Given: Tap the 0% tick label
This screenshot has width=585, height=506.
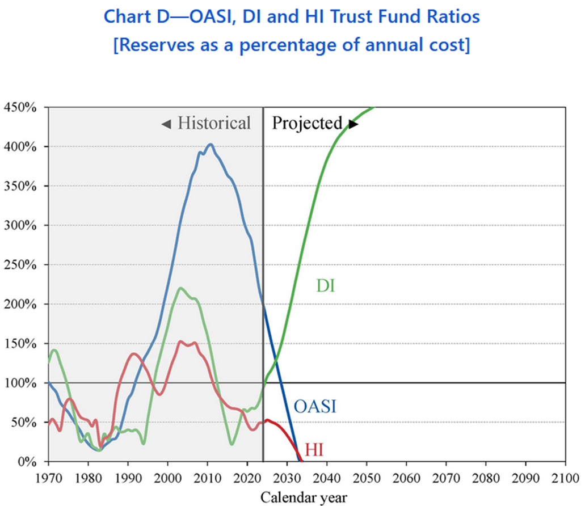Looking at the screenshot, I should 27,462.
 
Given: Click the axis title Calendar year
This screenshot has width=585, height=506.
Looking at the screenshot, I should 304,497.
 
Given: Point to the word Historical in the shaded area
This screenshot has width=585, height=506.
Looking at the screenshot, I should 214,123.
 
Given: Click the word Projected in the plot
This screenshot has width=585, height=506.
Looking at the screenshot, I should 307,123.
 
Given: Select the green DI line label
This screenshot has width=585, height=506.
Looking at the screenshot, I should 325,286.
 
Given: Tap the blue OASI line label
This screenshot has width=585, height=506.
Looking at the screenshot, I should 315,406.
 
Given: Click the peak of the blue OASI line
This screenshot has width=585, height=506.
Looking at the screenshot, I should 211,144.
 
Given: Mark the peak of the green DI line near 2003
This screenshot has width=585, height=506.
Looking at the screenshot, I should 180,288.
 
